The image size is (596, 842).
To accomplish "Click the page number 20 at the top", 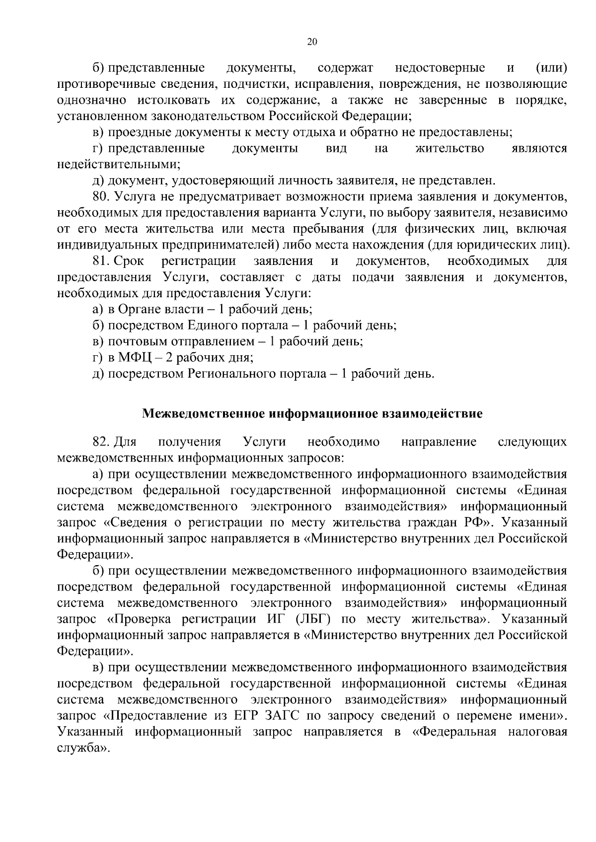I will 312,42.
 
